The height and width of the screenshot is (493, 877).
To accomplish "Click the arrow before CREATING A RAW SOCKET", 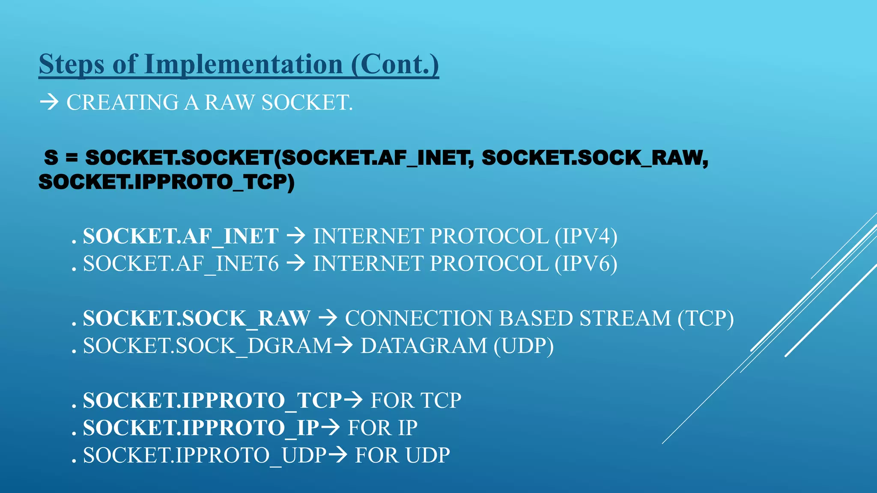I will click(x=49, y=102).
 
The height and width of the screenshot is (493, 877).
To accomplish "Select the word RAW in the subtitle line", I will click(x=229, y=103).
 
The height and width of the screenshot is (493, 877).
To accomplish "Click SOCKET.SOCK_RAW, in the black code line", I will click(x=594, y=157).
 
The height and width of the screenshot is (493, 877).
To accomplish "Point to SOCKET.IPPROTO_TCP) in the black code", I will click(x=166, y=182).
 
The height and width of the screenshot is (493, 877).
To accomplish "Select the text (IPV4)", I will click(x=586, y=236).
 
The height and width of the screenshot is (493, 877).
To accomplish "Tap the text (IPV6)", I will click(x=586, y=264).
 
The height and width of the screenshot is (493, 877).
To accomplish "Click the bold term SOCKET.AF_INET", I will click(x=180, y=236).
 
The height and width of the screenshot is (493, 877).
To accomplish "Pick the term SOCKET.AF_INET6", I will click(x=180, y=264).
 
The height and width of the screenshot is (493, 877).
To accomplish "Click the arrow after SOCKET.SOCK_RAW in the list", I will click(x=328, y=318).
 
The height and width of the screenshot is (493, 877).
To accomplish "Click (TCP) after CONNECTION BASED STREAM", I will click(x=705, y=318).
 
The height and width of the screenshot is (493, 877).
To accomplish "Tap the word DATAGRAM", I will click(x=424, y=346).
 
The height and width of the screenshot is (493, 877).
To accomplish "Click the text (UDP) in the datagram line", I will click(x=523, y=346).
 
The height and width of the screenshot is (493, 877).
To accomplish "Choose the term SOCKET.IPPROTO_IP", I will click(x=201, y=428).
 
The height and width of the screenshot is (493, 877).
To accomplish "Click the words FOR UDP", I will click(x=402, y=455).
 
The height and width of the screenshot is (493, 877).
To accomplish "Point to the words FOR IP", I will click(x=382, y=428).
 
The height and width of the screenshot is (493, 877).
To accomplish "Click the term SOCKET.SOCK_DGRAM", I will click(x=207, y=346).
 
